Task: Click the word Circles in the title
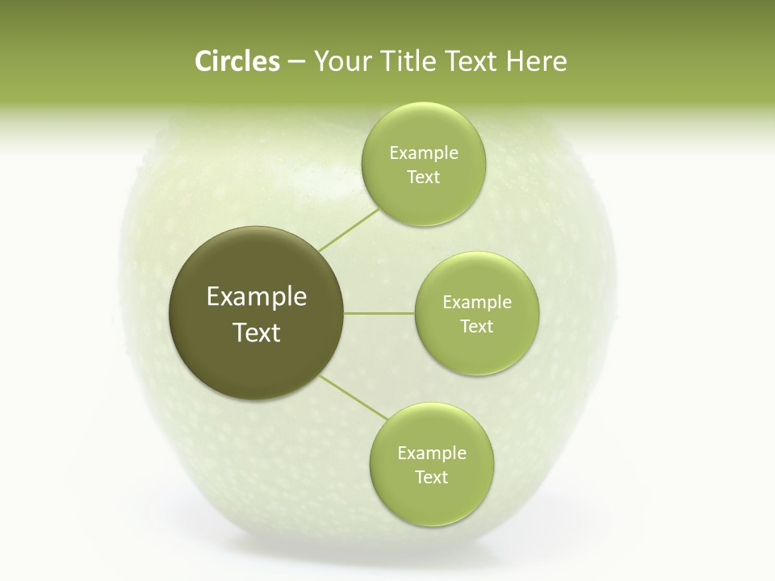(237, 61)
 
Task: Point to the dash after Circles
(295, 62)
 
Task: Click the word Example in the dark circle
(257, 297)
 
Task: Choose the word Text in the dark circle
(257, 332)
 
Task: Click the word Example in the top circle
(424, 153)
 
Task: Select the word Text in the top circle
(423, 178)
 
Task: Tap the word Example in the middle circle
(477, 303)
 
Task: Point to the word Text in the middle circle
(476, 327)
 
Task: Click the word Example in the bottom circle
(432, 454)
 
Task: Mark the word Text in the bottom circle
(431, 478)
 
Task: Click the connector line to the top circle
(349, 229)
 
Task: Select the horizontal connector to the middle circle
(379, 313)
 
